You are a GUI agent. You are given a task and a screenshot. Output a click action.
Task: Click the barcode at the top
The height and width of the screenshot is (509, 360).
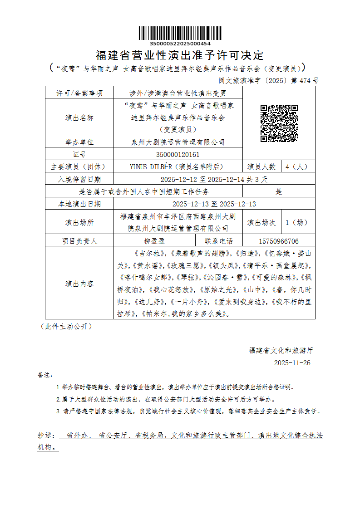pyautogui.click(x=180, y=33)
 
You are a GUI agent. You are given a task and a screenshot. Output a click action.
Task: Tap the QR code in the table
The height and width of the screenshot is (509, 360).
pyautogui.click(x=279, y=123)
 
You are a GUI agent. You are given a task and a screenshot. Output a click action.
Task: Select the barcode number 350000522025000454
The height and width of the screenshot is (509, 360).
pyautogui.click(x=180, y=44)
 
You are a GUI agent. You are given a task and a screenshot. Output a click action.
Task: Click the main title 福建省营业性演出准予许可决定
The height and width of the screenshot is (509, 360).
pyautogui.click(x=180, y=56)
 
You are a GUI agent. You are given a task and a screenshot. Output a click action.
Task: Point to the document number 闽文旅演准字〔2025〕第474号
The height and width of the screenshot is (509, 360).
pyautogui.click(x=269, y=81)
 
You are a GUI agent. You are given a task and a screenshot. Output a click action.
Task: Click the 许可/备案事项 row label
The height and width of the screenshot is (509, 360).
pyautogui.click(x=79, y=93)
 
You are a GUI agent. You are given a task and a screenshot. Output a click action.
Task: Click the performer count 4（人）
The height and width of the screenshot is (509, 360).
pyautogui.click(x=297, y=166)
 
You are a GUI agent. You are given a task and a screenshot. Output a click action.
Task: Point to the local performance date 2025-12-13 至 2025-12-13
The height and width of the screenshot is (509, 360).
pyautogui.click(x=214, y=204)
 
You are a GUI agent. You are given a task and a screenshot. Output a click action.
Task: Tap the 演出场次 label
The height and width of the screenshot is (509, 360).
pyautogui.click(x=261, y=223)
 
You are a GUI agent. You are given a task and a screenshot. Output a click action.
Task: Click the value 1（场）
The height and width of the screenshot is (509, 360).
pyautogui.click(x=297, y=223)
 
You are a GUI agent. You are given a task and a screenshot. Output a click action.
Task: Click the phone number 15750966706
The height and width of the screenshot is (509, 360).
pyautogui.click(x=278, y=241)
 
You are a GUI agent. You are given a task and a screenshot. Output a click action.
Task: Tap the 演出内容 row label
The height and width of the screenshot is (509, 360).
pyautogui.click(x=79, y=284)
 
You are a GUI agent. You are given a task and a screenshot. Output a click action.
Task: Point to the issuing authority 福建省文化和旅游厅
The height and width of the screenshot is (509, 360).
pyautogui.click(x=281, y=350)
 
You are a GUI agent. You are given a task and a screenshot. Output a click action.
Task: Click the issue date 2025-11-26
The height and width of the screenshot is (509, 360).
pyautogui.click(x=292, y=363)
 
